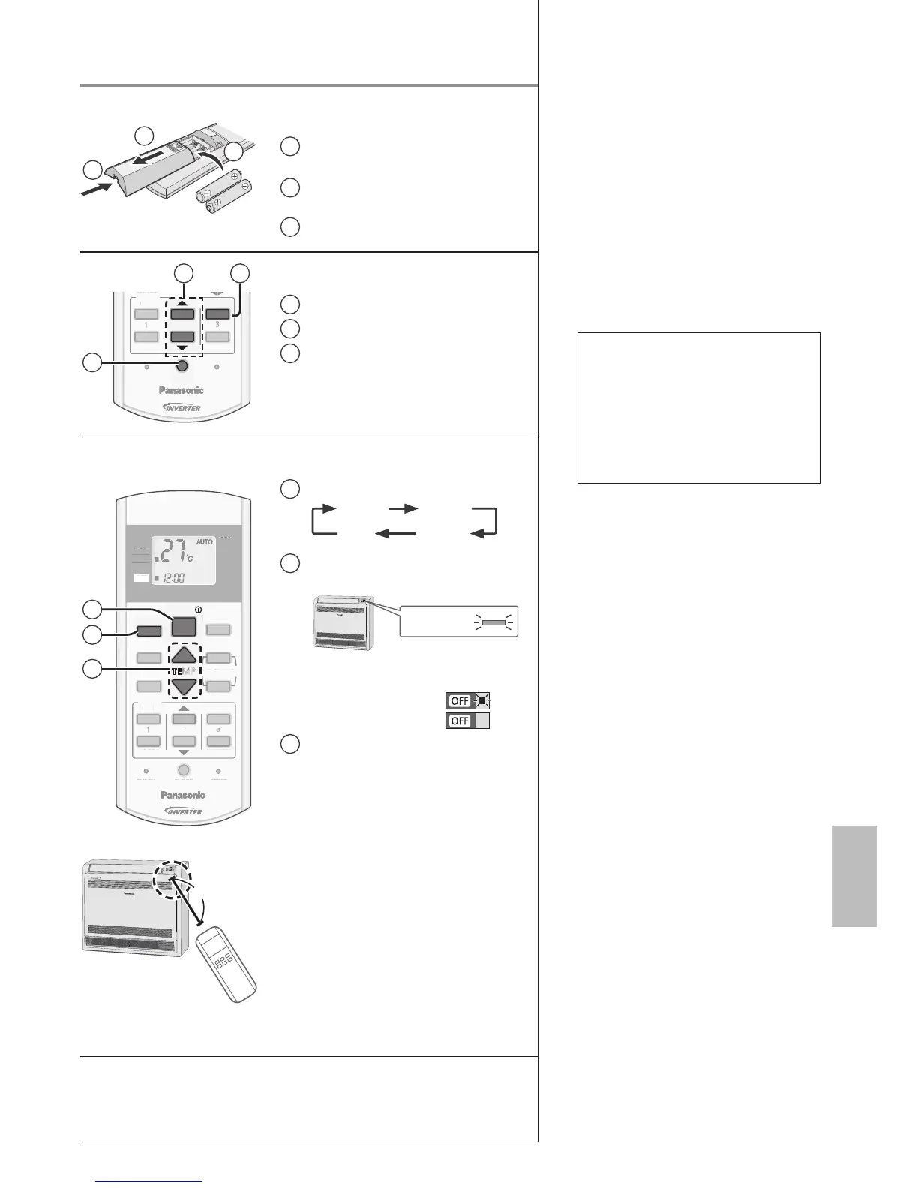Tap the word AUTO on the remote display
coord(204,541)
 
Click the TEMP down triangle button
coord(184,684)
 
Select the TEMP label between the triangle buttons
coord(184,670)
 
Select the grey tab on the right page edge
coord(854,876)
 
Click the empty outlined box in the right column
coord(699,408)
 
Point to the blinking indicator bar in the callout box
coord(493,622)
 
